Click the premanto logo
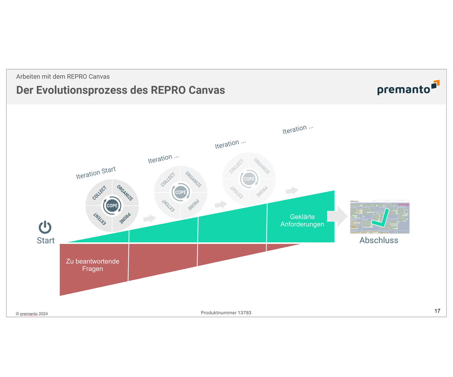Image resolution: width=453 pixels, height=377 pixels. (408, 88)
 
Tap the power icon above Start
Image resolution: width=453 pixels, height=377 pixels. (45, 227)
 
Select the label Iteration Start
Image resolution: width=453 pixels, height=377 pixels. (96, 173)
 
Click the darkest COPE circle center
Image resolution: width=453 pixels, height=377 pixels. (112, 206)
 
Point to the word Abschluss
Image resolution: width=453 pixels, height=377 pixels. (379, 240)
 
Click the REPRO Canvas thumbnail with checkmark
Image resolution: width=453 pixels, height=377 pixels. (380, 217)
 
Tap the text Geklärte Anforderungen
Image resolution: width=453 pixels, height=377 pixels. (302, 220)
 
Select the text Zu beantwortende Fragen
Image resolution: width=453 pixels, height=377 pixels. (92, 265)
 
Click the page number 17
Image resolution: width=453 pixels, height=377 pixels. (437, 311)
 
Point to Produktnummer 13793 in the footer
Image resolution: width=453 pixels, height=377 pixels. (226, 313)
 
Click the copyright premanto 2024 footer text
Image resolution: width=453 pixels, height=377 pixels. (32, 314)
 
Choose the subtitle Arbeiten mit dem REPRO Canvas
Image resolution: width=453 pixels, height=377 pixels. (63, 77)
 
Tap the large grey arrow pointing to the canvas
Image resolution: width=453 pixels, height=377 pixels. (337, 216)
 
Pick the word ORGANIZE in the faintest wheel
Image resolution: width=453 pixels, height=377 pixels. (262, 166)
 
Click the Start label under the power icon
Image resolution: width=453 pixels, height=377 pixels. (46, 240)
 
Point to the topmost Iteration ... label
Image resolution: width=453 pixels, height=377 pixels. (298, 129)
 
